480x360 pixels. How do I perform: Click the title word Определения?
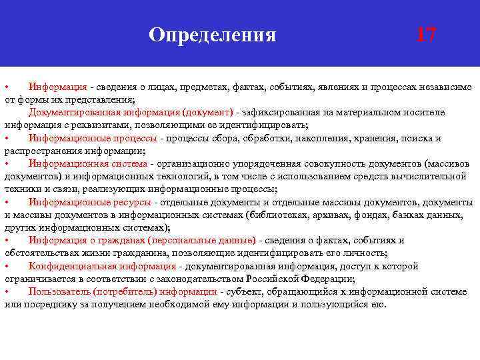click(212, 34)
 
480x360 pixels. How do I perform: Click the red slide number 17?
click(425, 34)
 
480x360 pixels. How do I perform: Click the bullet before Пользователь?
click(7, 291)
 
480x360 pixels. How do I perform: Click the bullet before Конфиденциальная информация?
click(7, 266)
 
